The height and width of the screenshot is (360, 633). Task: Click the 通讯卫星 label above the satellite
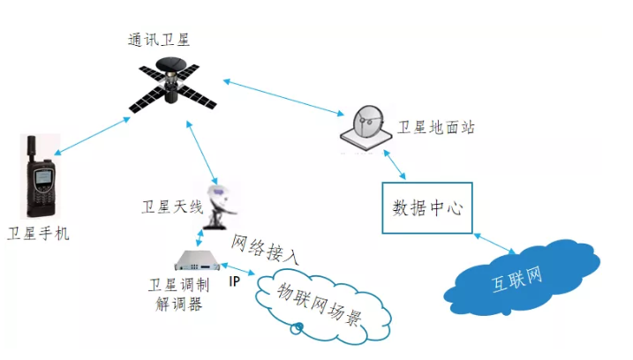[159, 40]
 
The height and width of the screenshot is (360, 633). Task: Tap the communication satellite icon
[172, 85]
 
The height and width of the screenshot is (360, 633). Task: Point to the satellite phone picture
[41, 176]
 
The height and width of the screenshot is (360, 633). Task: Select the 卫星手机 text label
[38, 234]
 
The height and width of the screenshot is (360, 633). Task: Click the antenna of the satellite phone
[32, 149]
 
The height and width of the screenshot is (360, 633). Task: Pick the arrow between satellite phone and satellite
[92, 136]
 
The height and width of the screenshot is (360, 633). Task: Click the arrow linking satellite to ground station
[283, 98]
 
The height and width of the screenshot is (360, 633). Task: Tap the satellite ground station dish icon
[366, 128]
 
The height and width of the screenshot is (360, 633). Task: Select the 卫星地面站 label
[436, 128]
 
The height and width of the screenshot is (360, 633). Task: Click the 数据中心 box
[427, 208]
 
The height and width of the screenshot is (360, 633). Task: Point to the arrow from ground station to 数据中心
[394, 165]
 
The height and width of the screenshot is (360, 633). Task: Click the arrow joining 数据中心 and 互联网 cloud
[494, 244]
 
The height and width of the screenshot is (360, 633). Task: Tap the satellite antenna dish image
[220, 207]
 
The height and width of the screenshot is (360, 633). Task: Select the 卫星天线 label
[172, 207]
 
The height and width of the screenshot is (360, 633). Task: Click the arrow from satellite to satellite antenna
[202, 152]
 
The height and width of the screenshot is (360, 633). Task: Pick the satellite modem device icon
[198, 260]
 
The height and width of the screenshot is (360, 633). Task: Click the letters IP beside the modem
[234, 281]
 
